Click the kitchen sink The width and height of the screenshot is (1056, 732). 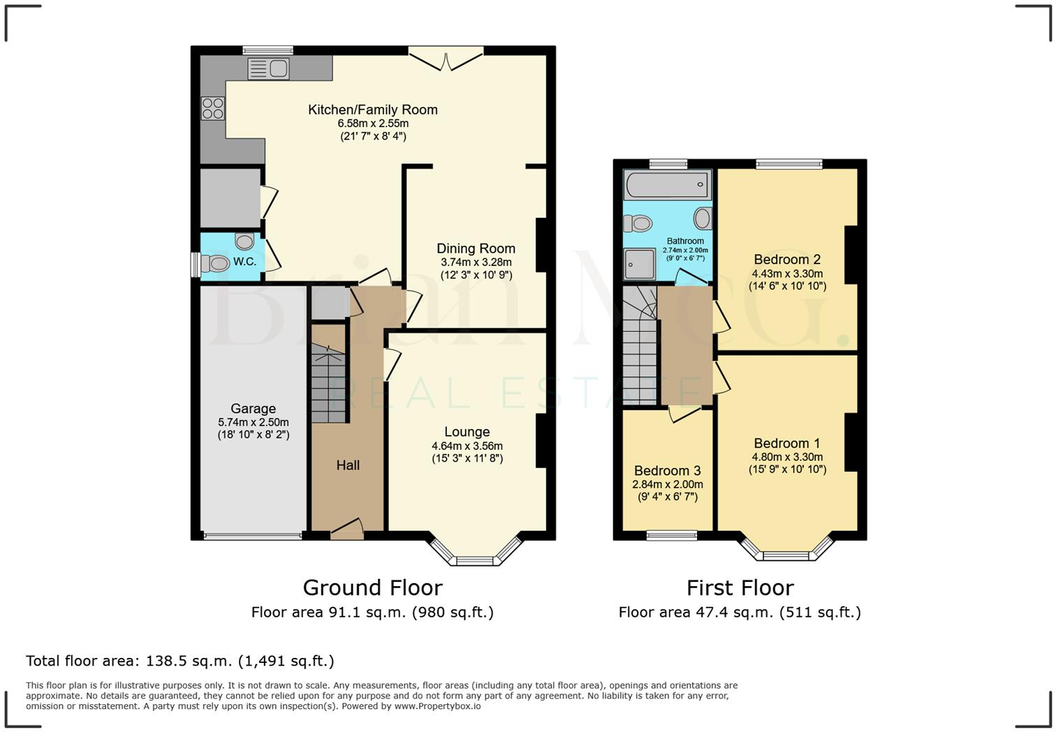coord(268,68)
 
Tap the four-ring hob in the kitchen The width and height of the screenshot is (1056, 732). coord(212,108)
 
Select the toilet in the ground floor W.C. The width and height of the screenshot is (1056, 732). coord(215,263)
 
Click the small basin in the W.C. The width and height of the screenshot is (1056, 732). coord(244,242)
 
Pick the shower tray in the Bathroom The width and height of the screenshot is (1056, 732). coord(639,265)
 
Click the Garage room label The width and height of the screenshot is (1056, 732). coord(253,409)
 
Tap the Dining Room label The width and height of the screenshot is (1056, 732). coord(476,249)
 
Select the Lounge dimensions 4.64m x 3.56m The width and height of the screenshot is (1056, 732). coord(467,446)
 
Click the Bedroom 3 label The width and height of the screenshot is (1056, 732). coord(668,470)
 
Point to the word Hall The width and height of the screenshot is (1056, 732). coord(348,465)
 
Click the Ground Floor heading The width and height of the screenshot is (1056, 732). coord(372,588)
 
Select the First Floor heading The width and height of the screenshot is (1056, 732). coord(740,588)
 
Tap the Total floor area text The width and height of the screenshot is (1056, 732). coord(180,661)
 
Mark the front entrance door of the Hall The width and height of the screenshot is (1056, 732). coord(347,529)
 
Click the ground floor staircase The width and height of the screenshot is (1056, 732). coord(328,383)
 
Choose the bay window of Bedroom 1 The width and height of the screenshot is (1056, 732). coord(786,548)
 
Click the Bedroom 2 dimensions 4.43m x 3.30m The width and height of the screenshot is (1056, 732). coord(787,274)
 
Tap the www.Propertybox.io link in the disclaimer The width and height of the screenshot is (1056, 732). coord(437,706)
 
